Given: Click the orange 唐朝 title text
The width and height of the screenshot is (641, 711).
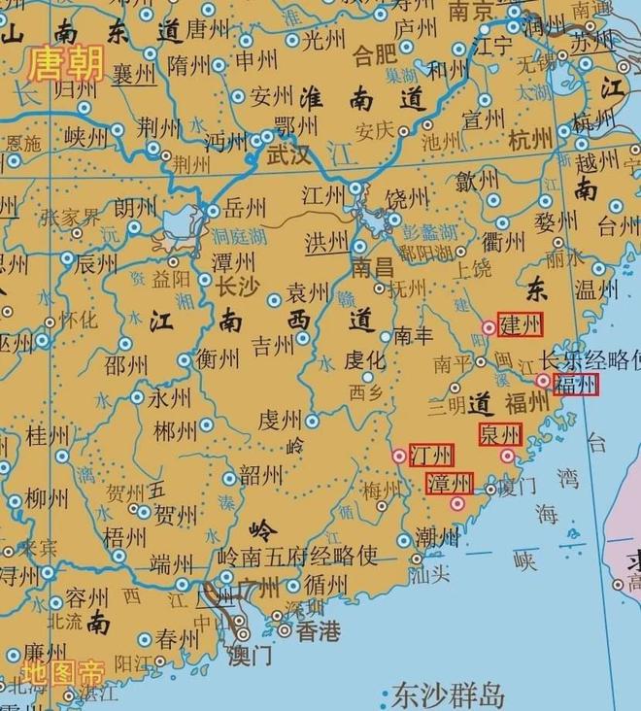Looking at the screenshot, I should pyautogui.click(x=67, y=63).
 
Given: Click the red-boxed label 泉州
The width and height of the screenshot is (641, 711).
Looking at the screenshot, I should pyautogui.click(x=499, y=434).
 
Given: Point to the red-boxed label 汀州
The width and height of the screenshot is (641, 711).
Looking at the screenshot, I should pyautogui.click(x=430, y=455).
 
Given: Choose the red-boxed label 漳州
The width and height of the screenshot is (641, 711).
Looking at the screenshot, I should pyautogui.click(x=450, y=483).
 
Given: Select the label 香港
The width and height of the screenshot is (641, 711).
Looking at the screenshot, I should pyautogui.click(x=318, y=631).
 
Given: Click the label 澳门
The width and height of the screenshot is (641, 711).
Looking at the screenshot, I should pyautogui.click(x=250, y=655).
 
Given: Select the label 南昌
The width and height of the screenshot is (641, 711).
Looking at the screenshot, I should pyautogui.click(x=373, y=266).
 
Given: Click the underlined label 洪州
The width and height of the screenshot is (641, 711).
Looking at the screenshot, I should pyautogui.click(x=327, y=242).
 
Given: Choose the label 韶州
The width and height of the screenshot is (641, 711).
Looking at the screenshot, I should pyautogui.click(x=260, y=475).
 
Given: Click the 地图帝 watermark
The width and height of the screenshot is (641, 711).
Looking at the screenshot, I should pyautogui.click(x=64, y=672).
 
